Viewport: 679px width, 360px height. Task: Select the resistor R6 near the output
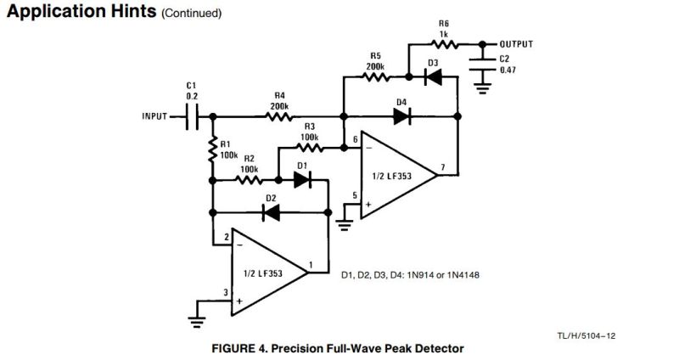pos(442,44)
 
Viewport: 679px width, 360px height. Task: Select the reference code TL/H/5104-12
pos(585,336)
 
